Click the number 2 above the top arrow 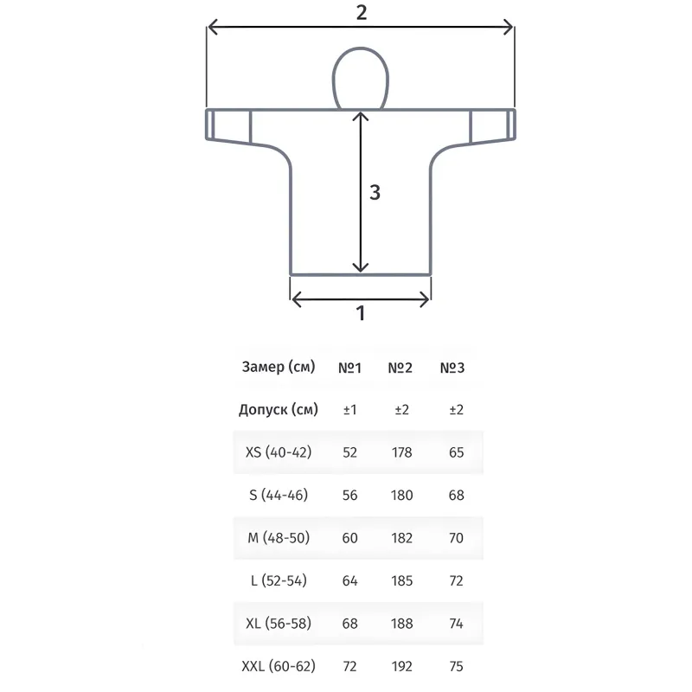(x=362, y=12)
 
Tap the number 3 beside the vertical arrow (x=375, y=192)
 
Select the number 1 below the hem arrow (x=361, y=313)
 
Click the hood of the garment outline (x=360, y=49)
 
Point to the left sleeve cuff (x=210, y=125)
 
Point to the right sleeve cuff (x=510, y=125)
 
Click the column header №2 (x=400, y=368)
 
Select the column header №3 (x=452, y=368)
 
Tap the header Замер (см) (x=279, y=367)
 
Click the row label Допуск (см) (x=279, y=410)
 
